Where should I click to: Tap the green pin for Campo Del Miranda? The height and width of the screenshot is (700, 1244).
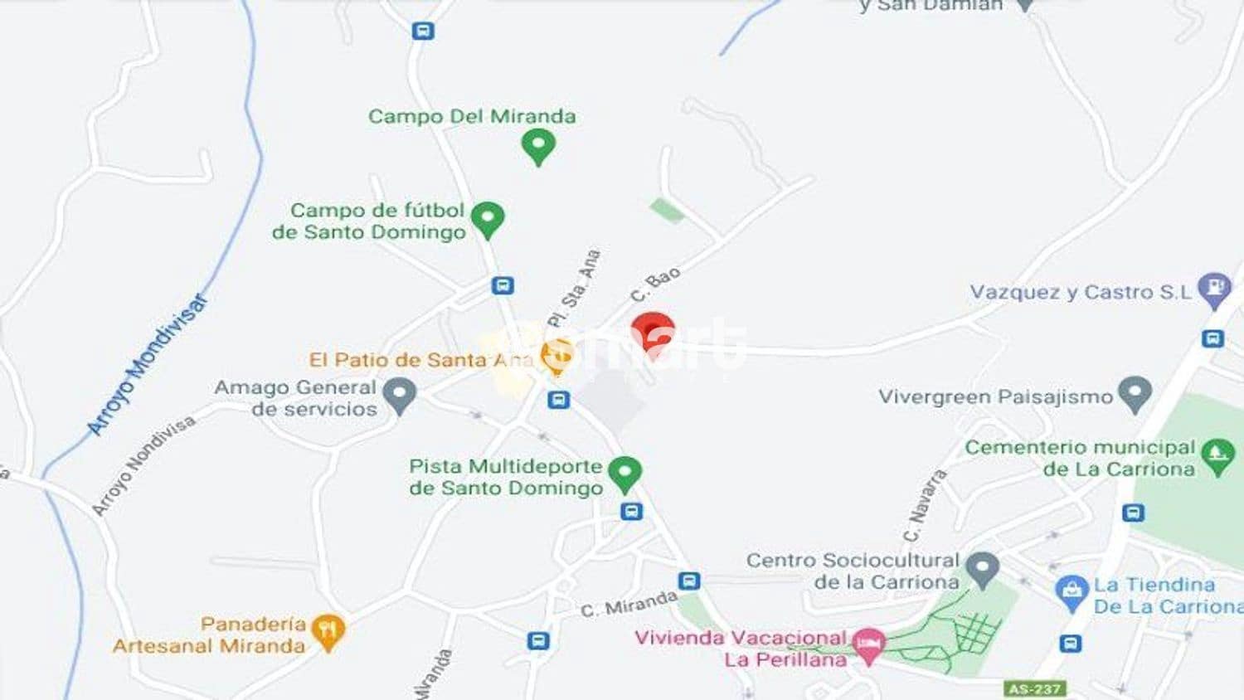pos(538,148)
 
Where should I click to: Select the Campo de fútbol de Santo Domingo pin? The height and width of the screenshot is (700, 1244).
pos(488,220)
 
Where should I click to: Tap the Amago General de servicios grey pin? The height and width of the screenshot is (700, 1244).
pos(401,396)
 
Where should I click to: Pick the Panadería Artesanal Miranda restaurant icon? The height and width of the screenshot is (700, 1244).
pos(328,634)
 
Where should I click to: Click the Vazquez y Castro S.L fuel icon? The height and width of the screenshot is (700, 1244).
pos(1215,290)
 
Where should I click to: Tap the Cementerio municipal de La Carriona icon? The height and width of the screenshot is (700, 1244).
pos(1217,456)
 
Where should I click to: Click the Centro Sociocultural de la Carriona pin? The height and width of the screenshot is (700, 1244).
pos(983,570)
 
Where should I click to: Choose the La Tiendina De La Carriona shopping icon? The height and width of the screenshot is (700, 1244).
pos(1071,594)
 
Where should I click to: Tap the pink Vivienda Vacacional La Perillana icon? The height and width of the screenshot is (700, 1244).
pos(869,645)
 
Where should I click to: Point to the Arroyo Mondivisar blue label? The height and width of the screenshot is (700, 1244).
pos(147,366)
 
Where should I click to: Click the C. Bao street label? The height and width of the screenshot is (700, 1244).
pos(655,284)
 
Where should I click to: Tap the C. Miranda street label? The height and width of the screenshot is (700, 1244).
pos(629,604)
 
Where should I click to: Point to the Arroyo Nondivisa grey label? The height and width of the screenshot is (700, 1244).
pos(143,464)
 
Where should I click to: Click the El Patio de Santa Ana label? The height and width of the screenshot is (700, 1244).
pos(421,360)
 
